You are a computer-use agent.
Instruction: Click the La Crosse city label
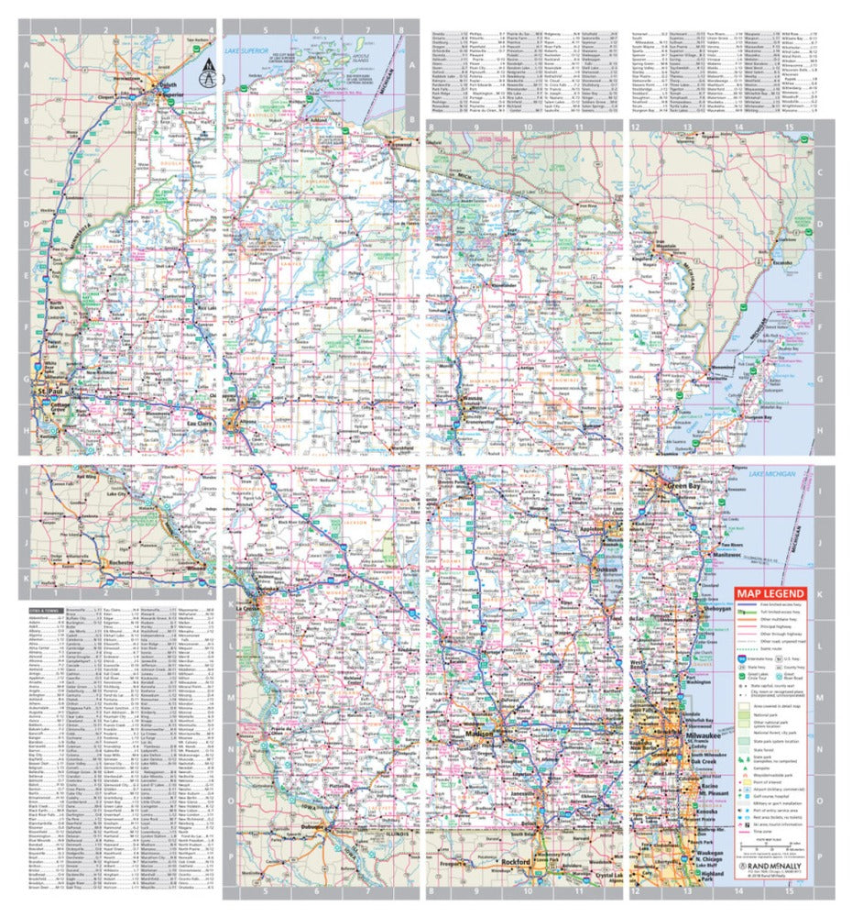[246, 608]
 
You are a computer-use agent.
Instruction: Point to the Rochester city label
[118, 561]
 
